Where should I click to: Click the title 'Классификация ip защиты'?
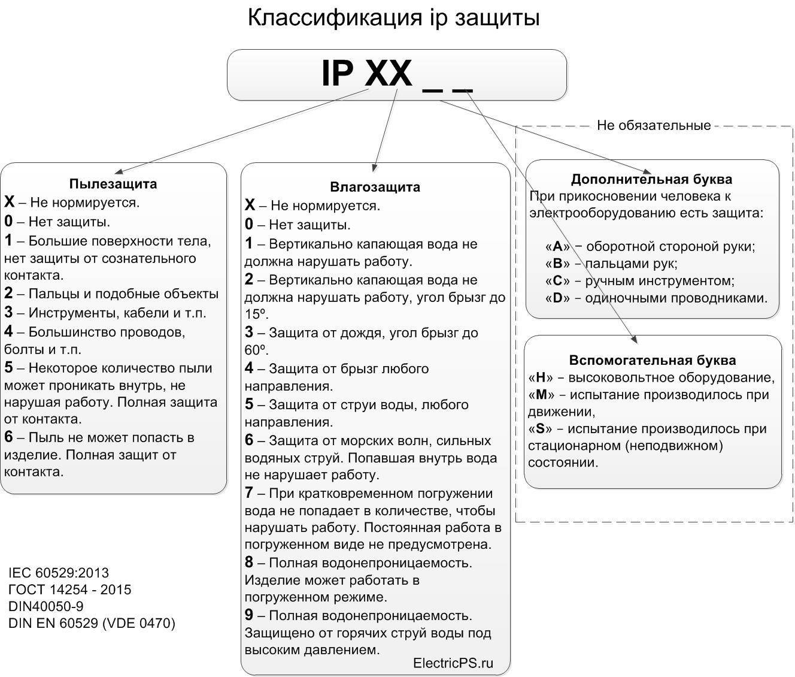[393, 18]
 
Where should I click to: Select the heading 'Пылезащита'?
[113, 183]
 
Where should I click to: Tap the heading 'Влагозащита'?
[375, 187]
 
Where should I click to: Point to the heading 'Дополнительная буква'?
[651, 179]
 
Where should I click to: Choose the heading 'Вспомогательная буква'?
[653, 360]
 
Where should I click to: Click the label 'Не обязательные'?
[654, 125]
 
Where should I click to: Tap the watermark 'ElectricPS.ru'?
[453, 663]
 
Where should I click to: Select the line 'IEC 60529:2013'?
[59, 572]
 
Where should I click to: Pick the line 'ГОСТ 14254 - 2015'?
[69, 590]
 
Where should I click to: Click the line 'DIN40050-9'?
[46, 606]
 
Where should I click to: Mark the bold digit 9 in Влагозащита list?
[249, 615]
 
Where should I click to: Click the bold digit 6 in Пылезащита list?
[8, 437]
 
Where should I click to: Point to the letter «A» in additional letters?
[557, 246]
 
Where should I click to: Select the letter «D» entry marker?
[557, 298]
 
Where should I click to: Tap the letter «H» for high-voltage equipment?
[541, 377]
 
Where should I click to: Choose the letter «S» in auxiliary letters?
[540, 429]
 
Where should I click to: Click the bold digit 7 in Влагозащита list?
[249, 493]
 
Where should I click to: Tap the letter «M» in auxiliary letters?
[541, 395]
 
